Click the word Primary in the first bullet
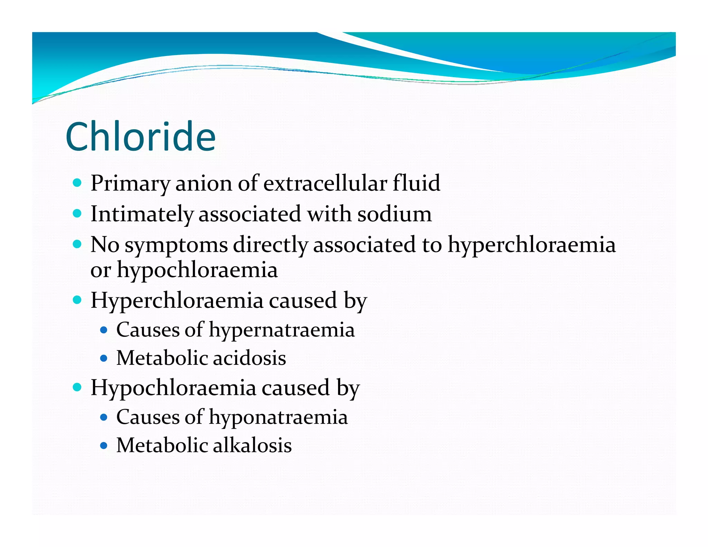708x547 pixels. coord(130,183)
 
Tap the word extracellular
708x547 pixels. coord(325,183)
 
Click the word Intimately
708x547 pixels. coord(142,214)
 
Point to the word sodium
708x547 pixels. coord(394,214)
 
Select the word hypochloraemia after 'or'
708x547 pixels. coord(197,270)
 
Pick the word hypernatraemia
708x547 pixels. coord(282,330)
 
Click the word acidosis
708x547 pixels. coord(249,358)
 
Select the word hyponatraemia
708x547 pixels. coord(278,417)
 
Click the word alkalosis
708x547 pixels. coord(252,445)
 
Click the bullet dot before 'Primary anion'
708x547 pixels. coord(77,183)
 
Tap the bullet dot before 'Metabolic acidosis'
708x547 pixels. coord(103,358)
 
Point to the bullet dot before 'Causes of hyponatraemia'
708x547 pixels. coord(103,417)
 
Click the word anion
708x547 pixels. coord(204,183)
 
